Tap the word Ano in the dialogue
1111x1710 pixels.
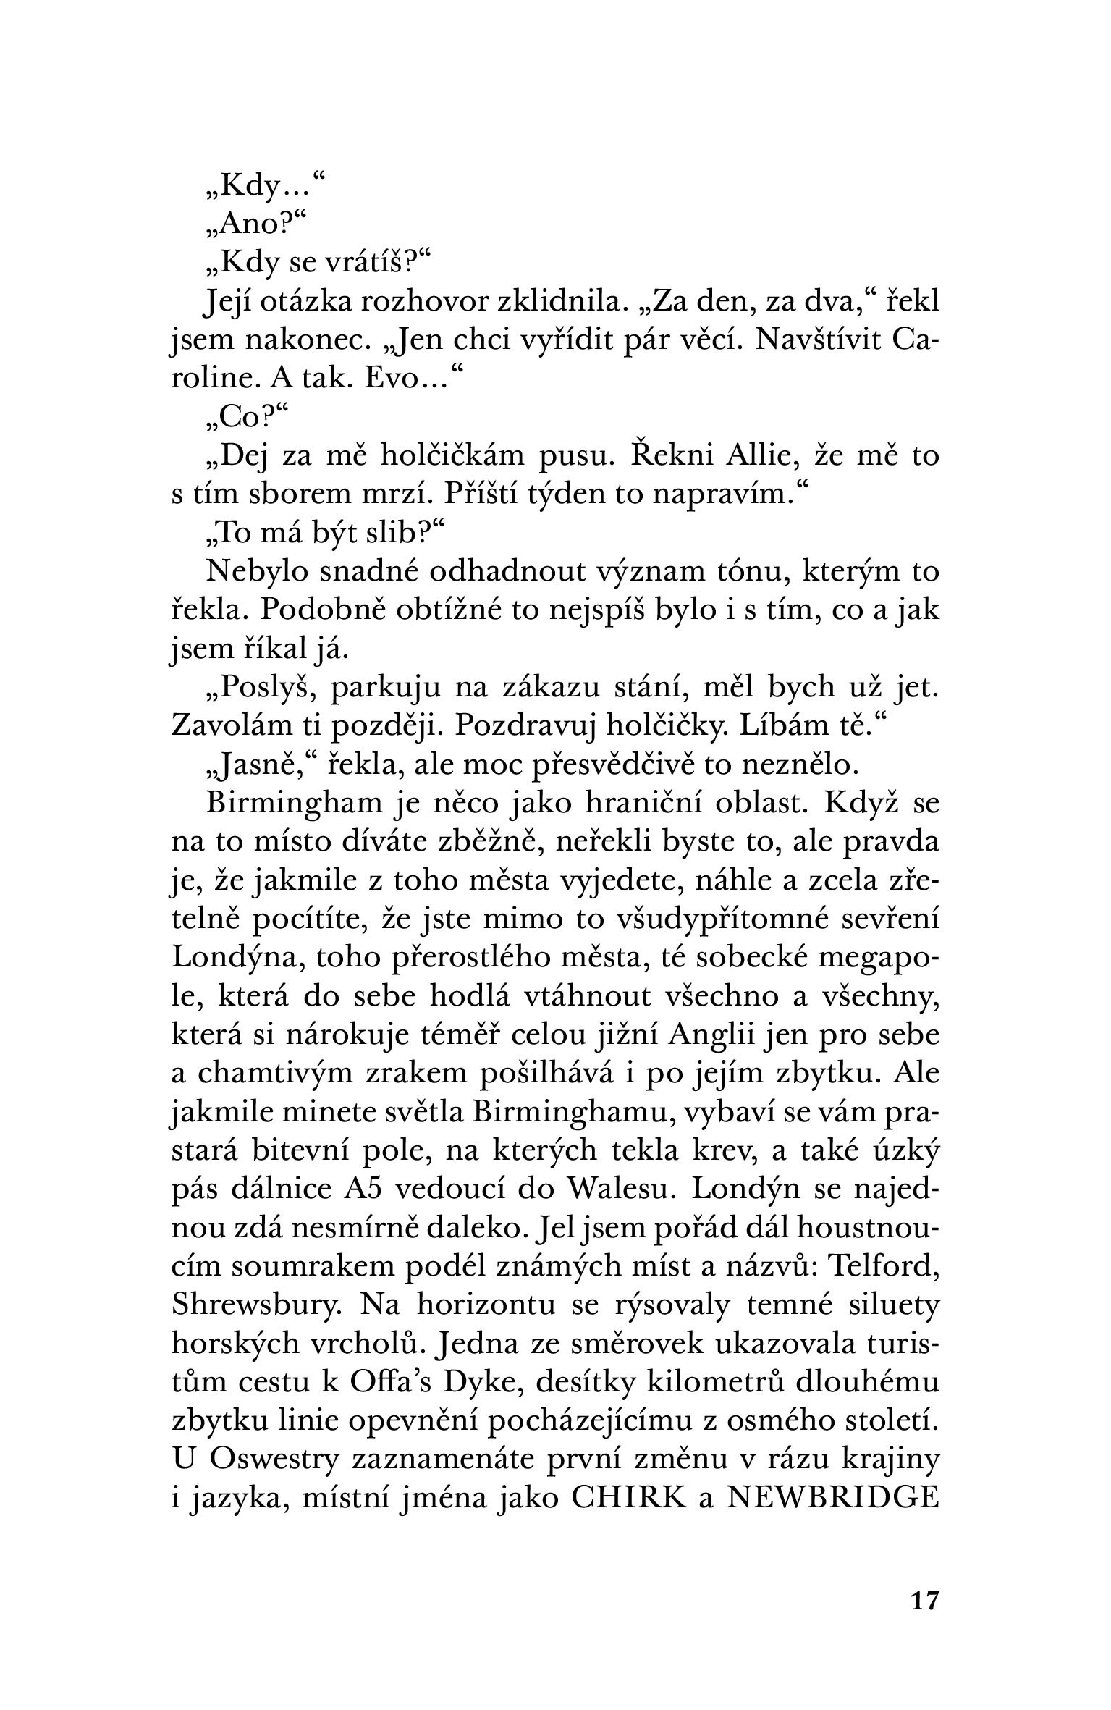click(x=245, y=225)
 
